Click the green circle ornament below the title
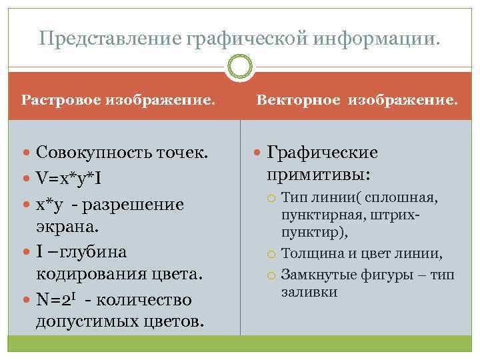[x=240, y=67]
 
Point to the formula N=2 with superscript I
[x=56, y=299]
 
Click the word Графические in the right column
[x=323, y=153]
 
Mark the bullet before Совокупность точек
[x=27, y=154]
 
